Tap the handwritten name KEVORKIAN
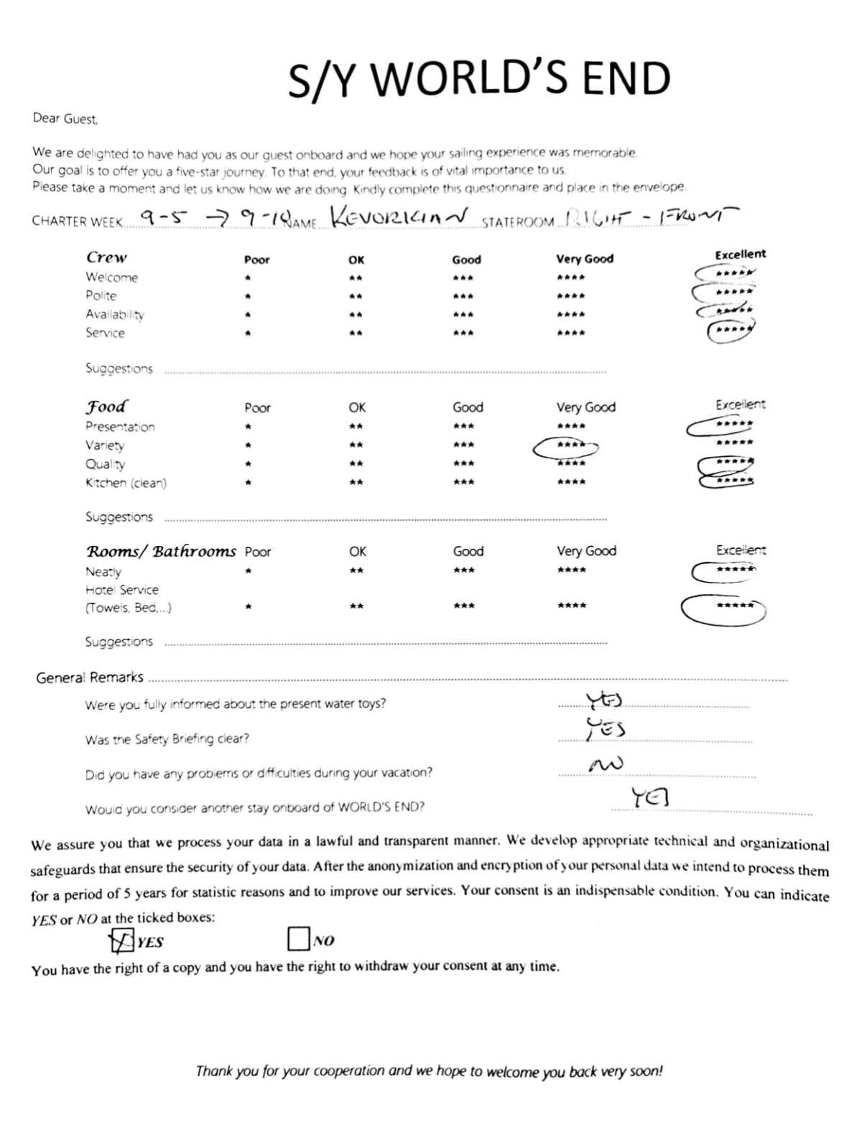pos(399,216)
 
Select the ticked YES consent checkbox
pos(121,940)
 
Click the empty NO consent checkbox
pos(298,939)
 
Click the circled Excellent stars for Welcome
pos(726,274)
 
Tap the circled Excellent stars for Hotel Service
pos(723,608)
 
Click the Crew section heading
pos(106,257)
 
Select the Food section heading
pos(107,407)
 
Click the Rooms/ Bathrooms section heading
pos(161,551)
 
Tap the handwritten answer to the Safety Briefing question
pos(606,728)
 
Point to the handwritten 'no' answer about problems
pos(605,765)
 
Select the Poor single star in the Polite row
pos(247,296)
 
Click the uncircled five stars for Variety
pos(734,443)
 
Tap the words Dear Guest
pos(65,119)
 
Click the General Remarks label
pos(90,677)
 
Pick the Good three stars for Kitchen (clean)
pos(463,482)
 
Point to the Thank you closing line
pos(429,1071)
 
